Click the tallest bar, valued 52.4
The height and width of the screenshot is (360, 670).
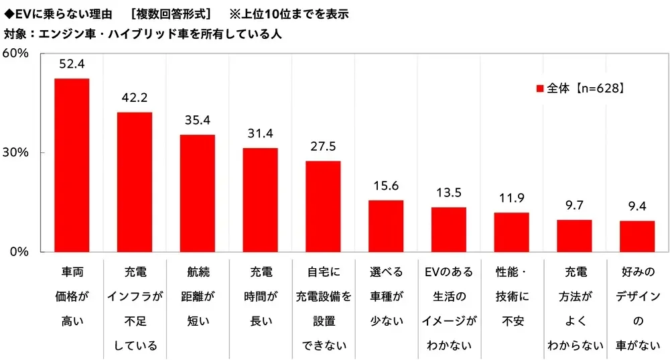click(72, 165)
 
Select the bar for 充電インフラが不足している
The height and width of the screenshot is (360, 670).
click(135, 182)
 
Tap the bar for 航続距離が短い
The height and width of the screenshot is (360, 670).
click(197, 193)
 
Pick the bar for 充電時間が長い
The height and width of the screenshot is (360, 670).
click(260, 200)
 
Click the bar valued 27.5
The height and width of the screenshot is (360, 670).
click(323, 206)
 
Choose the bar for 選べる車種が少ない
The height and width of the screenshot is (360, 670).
click(386, 226)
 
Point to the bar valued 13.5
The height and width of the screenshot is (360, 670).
click(448, 229)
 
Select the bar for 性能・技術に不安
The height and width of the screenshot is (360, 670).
click(511, 232)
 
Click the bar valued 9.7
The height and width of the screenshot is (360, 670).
click(574, 236)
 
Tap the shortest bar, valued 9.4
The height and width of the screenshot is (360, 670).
click(637, 236)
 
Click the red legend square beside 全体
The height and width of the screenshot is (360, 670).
click(540, 88)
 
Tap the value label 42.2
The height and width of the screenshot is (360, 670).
click(135, 98)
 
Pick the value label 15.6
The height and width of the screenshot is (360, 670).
click(386, 186)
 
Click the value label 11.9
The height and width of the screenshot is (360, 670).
click(511, 198)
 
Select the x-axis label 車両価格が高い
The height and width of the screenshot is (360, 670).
click(72, 296)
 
